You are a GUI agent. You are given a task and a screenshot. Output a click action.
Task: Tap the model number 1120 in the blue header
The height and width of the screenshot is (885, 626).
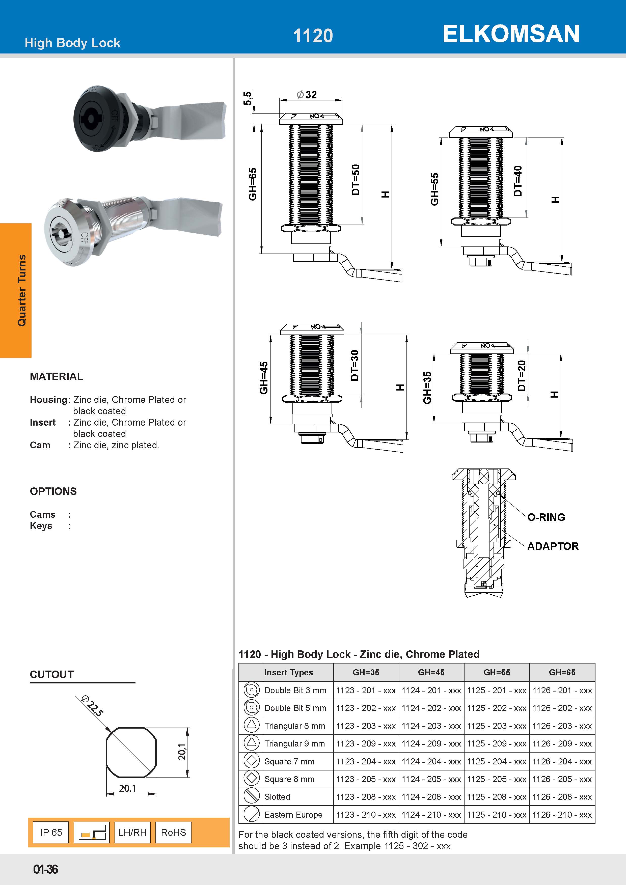pos(313,36)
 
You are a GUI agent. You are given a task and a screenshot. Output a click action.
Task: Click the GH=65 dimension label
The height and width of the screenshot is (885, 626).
pos(253,184)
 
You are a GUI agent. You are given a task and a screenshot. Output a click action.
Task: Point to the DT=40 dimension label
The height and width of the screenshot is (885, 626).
pos(518,181)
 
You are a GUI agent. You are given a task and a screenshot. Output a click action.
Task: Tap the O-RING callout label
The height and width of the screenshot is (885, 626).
pos(546,517)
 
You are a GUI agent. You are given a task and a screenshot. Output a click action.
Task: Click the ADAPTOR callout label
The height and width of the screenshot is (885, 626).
pos(553,546)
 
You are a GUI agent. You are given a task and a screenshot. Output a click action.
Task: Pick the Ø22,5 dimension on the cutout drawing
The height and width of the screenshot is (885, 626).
pos(93,706)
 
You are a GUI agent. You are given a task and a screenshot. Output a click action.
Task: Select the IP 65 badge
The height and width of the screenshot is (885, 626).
pos(51,832)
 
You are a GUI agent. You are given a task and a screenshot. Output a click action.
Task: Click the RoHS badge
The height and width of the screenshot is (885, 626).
pos(173,832)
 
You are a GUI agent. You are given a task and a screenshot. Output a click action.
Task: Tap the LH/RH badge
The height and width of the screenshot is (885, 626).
pos(132,832)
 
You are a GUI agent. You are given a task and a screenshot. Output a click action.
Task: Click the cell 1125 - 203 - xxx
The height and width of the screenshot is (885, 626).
pos(497,726)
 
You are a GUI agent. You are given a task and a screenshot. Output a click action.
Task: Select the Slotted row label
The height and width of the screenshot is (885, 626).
pos(277,797)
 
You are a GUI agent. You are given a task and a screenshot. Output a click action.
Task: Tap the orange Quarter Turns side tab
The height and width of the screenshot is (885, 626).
pos(16,290)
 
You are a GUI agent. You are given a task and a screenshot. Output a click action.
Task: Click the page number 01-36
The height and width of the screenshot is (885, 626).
pos(45,869)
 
